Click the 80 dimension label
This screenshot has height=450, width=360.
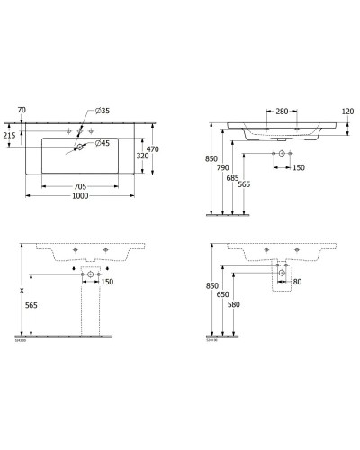click(x=297, y=283)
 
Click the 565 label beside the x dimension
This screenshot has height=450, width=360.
click(x=31, y=304)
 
